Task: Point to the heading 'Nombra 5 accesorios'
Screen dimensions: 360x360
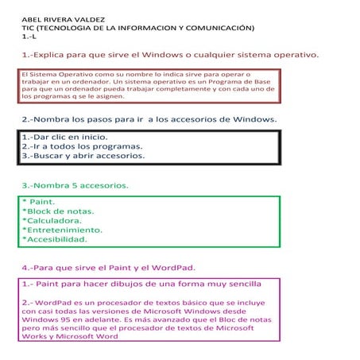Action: tap(75, 185)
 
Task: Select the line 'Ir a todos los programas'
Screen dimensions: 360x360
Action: tap(83, 146)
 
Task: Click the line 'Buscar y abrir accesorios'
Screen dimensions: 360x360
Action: tap(84, 156)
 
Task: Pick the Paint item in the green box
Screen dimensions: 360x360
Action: tap(40, 203)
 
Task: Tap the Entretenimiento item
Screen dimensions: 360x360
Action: tap(68, 230)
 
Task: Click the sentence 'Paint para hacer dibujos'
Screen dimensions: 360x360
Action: tap(143, 283)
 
